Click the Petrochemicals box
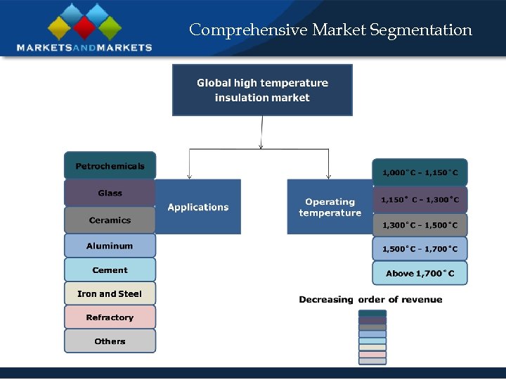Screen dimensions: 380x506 (x=110, y=166)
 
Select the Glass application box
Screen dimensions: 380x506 (x=110, y=193)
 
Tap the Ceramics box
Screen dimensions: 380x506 (x=110, y=220)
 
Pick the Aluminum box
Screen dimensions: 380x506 (x=110, y=246)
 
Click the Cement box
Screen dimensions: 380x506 (x=110, y=270)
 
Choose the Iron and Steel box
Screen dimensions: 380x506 (x=110, y=293)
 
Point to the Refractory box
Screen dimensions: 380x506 (x=110, y=317)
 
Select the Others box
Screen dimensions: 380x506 (x=110, y=341)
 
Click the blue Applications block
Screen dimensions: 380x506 (x=198, y=207)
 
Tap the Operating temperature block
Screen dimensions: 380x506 (x=330, y=207)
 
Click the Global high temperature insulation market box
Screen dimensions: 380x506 (x=262, y=90)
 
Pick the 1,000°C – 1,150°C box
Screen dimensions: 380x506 (x=420, y=172)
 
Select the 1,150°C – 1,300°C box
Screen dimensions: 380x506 (x=420, y=200)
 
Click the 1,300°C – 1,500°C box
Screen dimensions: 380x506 (x=420, y=225)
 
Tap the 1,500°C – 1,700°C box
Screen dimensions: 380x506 (x=420, y=248)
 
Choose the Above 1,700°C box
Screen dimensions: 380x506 (x=420, y=273)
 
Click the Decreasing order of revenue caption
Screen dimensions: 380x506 (x=370, y=300)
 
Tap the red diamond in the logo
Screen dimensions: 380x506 (x=84, y=27)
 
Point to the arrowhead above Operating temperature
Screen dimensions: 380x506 (x=328, y=176)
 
